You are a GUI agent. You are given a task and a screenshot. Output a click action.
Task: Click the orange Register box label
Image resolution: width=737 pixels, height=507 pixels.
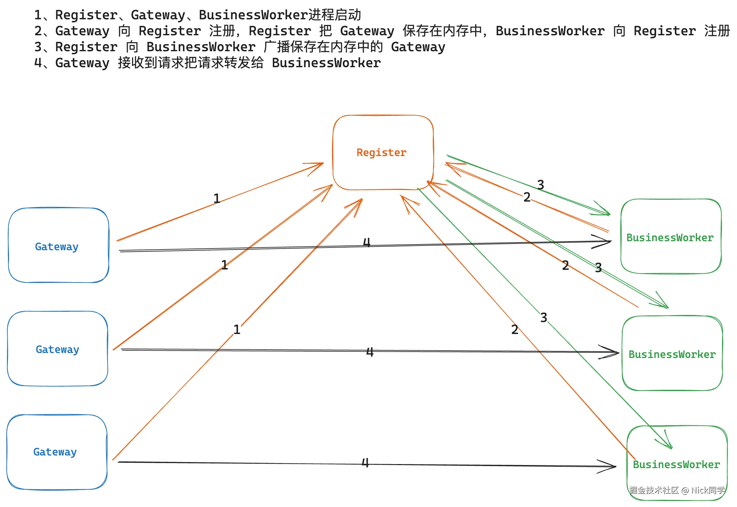coord(381,152)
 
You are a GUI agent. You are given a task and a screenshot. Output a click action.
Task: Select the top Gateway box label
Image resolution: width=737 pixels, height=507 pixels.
coord(57,247)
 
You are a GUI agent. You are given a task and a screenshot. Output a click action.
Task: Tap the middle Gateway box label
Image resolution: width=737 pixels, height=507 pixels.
coord(57,349)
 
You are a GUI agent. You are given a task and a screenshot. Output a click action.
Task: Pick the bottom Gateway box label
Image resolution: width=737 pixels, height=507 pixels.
coord(55,452)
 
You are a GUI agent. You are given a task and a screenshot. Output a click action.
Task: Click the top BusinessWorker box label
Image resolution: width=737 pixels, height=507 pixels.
coord(670,238)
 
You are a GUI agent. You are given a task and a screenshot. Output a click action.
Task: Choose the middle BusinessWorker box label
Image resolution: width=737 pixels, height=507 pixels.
coord(672,354)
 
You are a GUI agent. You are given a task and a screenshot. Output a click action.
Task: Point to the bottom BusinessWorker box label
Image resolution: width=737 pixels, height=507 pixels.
coord(676,464)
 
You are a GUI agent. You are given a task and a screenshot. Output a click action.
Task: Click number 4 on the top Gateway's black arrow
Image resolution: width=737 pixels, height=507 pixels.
coord(366,242)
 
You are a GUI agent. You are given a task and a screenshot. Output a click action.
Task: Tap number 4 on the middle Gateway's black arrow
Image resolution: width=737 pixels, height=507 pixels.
coord(370,352)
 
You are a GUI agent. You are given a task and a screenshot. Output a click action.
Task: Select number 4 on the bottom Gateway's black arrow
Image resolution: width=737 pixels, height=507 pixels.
coord(365,462)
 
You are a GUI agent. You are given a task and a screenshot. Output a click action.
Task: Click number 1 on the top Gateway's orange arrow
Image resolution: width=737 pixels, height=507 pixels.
coord(217,199)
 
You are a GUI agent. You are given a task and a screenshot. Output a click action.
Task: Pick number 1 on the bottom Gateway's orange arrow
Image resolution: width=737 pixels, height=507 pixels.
coord(237,330)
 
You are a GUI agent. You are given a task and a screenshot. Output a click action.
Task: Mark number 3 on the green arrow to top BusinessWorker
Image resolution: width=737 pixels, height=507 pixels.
coord(541,185)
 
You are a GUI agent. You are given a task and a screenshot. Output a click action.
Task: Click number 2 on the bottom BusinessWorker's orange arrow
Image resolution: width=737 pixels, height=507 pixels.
coord(515,329)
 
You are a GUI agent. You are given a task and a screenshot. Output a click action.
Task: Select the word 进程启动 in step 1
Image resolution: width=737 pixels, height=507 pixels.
coord(334,15)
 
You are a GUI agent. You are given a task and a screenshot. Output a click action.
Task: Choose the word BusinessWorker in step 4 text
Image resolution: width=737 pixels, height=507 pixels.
coord(326,63)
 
